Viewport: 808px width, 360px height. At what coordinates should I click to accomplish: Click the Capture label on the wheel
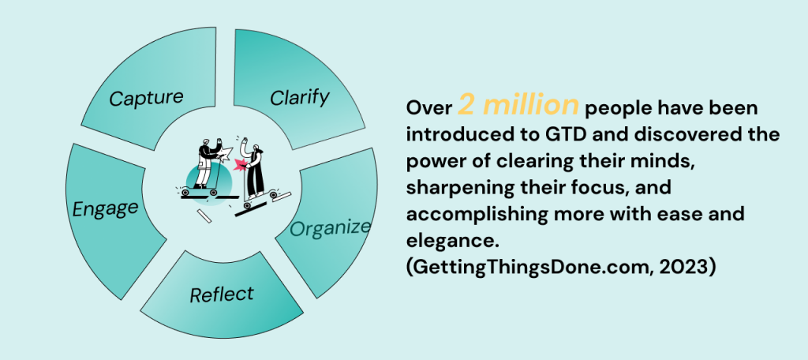pos(146,97)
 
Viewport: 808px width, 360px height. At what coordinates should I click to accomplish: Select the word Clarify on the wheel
pos(300,97)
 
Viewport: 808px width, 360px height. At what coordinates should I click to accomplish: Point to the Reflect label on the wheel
pos(222,294)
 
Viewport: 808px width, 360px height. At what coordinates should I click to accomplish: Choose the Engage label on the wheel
pos(106,208)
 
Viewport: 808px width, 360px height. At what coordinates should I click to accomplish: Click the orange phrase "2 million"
pos(518,105)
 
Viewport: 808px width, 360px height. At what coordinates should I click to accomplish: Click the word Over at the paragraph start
pos(429,108)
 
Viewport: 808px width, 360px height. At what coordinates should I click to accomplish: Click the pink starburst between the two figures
pos(241,165)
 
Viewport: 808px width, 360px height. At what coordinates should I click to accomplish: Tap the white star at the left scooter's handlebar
pos(226,152)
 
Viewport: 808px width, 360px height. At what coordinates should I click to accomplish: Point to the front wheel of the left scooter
pos(213,192)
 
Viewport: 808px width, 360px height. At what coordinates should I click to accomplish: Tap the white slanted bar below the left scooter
pos(204,216)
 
